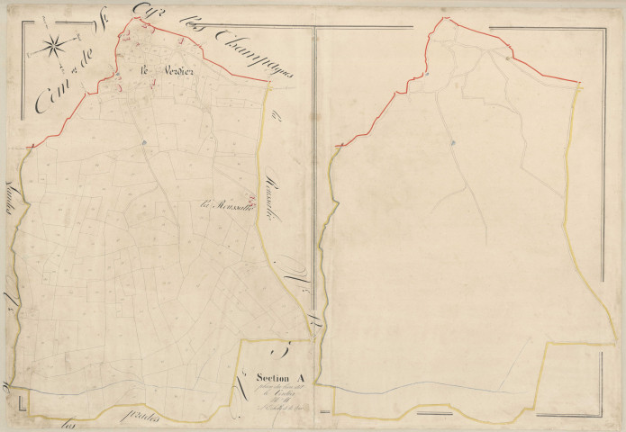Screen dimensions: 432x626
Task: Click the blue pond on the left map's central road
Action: [143, 141]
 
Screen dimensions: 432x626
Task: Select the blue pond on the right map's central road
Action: [455, 142]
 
